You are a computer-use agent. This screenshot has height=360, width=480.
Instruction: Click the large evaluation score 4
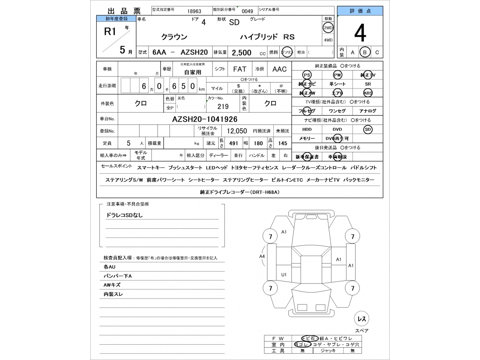tap(360, 34)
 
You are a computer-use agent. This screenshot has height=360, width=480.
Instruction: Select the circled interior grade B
tap(364, 52)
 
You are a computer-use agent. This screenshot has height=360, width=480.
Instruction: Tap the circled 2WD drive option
tap(328, 28)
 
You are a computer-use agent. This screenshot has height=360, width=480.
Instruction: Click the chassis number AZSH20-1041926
tap(204, 119)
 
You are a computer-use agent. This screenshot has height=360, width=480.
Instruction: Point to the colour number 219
tap(223, 106)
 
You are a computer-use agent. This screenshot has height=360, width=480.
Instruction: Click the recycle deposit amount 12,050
tap(237, 131)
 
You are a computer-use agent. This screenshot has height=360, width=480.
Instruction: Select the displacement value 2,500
tap(241, 53)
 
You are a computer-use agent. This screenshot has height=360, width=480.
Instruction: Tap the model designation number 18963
tap(194, 11)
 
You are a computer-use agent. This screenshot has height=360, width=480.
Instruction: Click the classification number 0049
tap(247, 11)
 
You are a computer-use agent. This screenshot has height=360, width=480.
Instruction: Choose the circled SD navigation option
tap(368, 129)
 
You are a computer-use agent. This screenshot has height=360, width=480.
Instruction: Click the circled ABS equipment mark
tap(368, 93)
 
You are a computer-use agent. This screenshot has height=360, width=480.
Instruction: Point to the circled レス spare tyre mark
tap(361, 319)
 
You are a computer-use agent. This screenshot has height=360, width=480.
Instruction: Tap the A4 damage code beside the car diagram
tap(262, 256)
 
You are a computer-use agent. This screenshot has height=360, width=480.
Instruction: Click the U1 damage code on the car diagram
tap(284, 275)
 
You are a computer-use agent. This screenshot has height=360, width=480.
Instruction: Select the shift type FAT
tap(240, 69)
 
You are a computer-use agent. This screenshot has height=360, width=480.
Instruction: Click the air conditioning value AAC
tap(279, 69)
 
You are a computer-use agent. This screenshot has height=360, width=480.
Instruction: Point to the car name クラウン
tap(174, 37)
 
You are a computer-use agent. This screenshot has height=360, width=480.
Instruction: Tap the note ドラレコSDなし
tap(125, 215)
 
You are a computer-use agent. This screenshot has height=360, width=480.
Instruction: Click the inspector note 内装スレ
tap(113, 294)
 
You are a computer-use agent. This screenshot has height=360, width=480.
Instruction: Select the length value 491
tap(234, 143)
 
